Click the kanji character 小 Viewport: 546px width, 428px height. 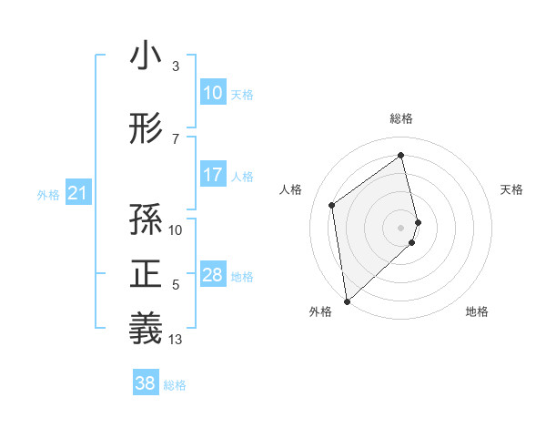[146, 56]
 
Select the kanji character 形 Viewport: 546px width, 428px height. [146, 129]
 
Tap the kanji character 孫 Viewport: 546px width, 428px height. [146, 219]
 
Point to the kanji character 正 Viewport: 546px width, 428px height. [146, 274]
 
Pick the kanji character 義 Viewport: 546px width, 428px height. [146, 328]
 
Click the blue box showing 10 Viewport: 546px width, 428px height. [212, 93]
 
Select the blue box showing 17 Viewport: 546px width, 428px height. [212, 175]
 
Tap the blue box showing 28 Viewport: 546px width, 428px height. [212, 275]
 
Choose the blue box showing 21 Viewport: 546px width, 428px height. [77, 193]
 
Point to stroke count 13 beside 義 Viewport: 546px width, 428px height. [176, 340]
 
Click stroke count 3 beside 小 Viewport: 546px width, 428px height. [175, 66]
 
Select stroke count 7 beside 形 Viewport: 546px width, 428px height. [175, 139]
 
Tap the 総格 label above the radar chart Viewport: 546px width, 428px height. [401, 118]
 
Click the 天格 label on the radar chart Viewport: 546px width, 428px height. [511, 189]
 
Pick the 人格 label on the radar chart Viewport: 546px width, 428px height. [291, 189]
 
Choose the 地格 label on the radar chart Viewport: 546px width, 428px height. [477, 311]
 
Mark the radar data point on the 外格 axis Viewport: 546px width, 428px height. [346, 301]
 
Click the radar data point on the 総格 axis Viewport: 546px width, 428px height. [401, 155]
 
